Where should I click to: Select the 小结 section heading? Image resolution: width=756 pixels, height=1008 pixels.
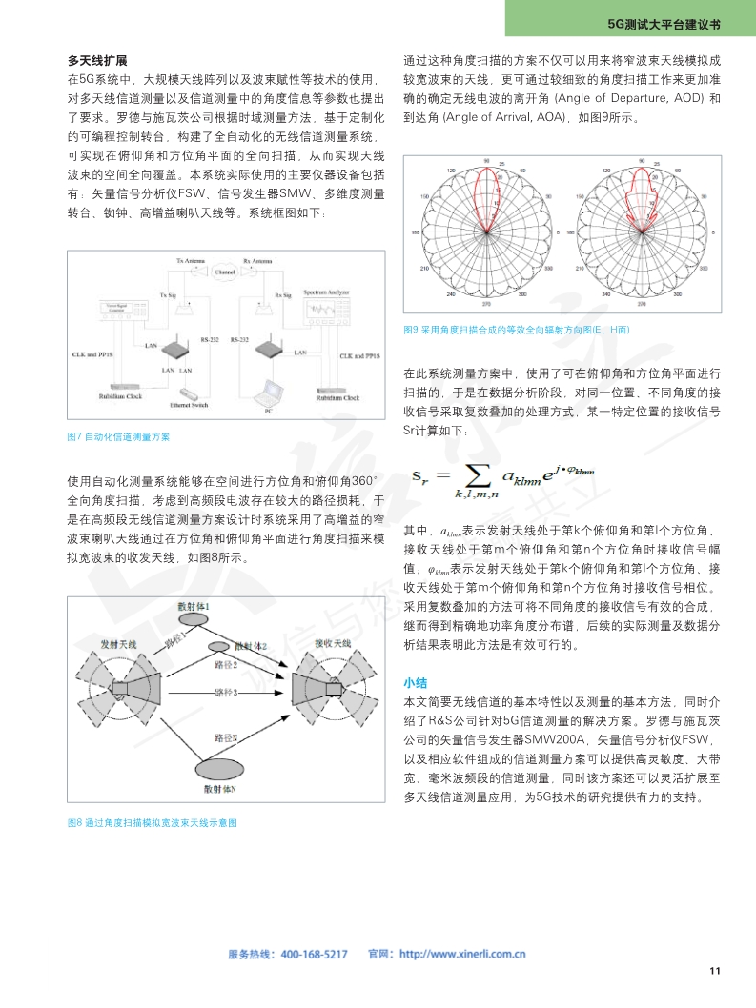click(x=415, y=683)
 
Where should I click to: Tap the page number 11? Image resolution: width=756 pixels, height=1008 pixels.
click(x=715, y=971)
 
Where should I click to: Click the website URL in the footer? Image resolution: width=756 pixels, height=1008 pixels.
click(x=462, y=954)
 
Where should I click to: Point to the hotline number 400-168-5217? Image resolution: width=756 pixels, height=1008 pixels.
click(x=315, y=954)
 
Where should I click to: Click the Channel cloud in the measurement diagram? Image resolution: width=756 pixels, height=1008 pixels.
click(x=226, y=272)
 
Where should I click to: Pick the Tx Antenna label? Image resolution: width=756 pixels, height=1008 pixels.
click(x=192, y=259)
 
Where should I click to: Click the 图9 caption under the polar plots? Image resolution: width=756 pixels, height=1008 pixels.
click(x=517, y=329)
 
